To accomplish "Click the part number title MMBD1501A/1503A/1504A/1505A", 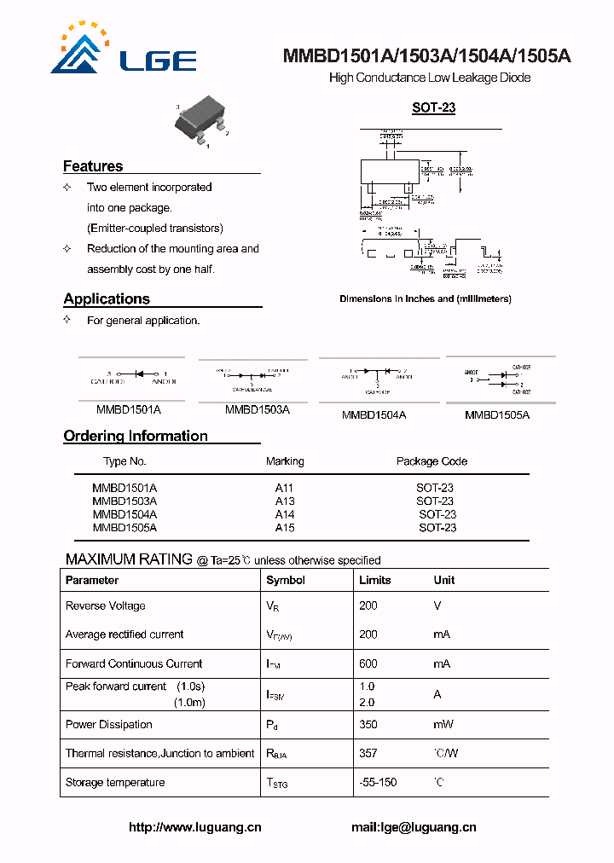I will pyautogui.click(x=427, y=56).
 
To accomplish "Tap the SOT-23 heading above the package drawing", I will pyautogui.click(x=433, y=107).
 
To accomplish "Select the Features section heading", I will pyautogui.click(x=93, y=166).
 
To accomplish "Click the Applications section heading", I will pyautogui.click(x=107, y=298).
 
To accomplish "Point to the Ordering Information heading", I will pyautogui.click(x=136, y=436).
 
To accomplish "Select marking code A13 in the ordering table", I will pyautogui.click(x=285, y=501).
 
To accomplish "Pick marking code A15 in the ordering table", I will pyautogui.click(x=285, y=528).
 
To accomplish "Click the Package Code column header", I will pyautogui.click(x=432, y=461).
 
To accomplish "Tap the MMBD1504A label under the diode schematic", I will pyautogui.click(x=374, y=415).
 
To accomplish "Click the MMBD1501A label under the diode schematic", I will pyautogui.click(x=129, y=410).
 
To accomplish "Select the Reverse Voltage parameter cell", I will pyautogui.click(x=106, y=606).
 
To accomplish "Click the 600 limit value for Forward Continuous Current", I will pyautogui.click(x=368, y=663).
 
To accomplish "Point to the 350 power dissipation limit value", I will pyautogui.click(x=368, y=725).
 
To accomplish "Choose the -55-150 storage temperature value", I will pyautogui.click(x=378, y=782).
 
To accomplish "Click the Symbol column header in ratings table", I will pyautogui.click(x=286, y=580).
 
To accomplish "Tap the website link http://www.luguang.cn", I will pyautogui.click(x=195, y=827).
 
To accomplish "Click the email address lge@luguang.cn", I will pyautogui.click(x=414, y=827).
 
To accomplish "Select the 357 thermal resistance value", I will pyautogui.click(x=368, y=753).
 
